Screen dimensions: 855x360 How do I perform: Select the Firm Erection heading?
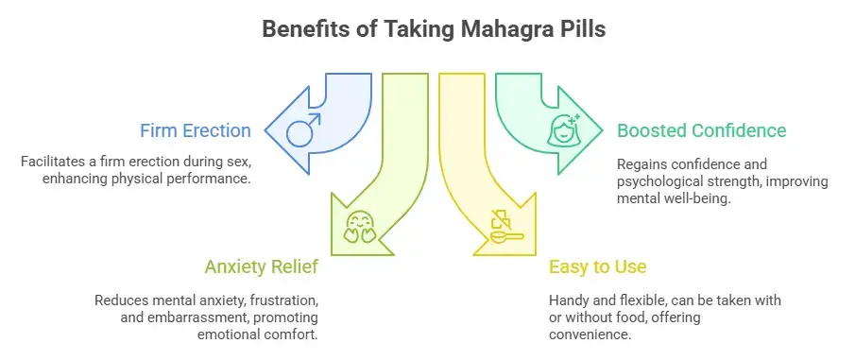(x=196, y=130)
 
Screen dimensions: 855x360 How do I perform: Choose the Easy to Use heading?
(x=598, y=267)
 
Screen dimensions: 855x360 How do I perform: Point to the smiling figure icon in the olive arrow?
(x=359, y=227)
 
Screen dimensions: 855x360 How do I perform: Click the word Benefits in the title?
(x=299, y=29)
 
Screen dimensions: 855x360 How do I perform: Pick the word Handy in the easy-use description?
(x=571, y=300)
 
